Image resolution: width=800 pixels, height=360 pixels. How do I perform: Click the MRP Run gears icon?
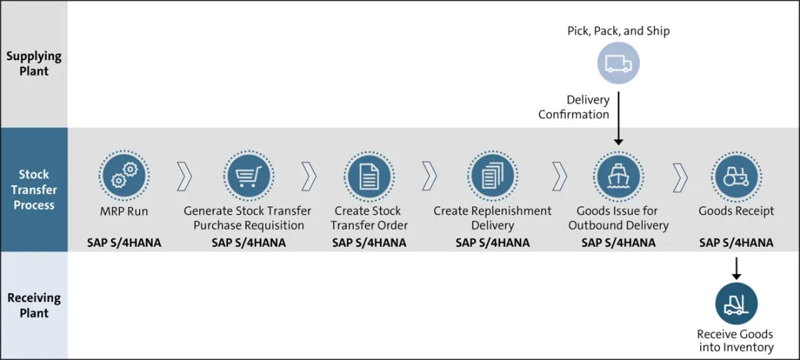click(124, 176)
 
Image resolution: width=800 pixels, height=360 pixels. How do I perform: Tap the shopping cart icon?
click(247, 176)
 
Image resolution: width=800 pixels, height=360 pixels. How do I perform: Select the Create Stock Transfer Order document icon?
click(368, 176)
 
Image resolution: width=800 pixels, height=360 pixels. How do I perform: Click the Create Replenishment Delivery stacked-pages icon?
click(492, 176)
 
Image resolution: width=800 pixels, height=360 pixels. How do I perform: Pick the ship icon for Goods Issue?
click(618, 176)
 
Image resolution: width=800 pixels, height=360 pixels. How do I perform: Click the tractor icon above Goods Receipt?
click(736, 176)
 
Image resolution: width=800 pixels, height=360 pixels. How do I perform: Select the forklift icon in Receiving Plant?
click(736, 304)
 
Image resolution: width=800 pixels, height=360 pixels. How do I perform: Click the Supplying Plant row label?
click(34, 64)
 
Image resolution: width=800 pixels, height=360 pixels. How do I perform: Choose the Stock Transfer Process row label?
click(34, 190)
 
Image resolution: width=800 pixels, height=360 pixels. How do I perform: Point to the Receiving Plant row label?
click(34, 305)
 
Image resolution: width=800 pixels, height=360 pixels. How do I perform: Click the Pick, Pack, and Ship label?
click(618, 31)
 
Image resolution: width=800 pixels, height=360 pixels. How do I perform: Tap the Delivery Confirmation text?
click(574, 107)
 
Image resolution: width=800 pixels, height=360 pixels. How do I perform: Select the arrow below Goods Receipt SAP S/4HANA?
click(736, 267)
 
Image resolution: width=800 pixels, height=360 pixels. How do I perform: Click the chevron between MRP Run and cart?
click(184, 176)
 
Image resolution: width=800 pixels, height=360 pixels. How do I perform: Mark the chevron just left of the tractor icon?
click(680, 176)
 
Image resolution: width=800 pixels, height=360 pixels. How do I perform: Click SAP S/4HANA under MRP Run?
click(124, 242)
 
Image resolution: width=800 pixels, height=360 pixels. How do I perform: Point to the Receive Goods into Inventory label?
click(736, 341)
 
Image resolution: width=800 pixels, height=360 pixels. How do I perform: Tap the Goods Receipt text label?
click(736, 211)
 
